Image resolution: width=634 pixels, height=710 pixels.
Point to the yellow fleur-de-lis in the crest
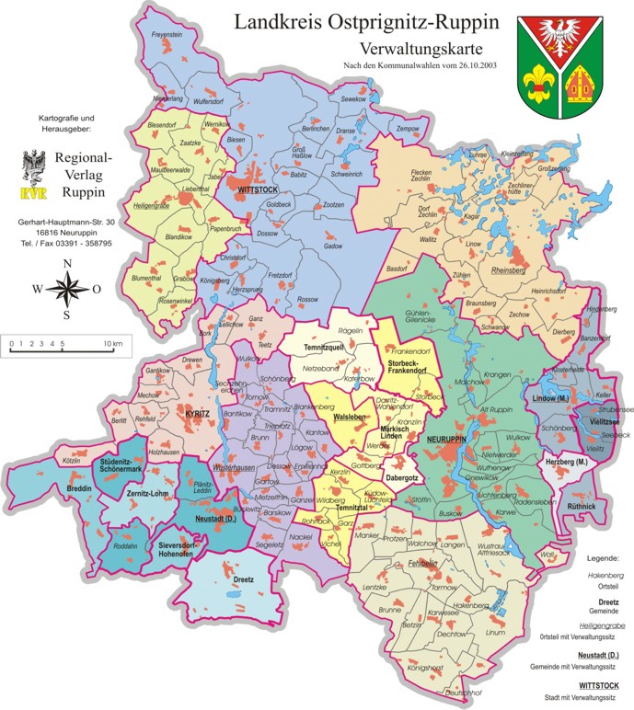point(538,87)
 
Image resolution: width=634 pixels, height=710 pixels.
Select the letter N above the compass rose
point(66,264)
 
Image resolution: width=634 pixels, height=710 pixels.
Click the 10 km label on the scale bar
point(112,342)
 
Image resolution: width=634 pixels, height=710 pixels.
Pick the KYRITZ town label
point(197,415)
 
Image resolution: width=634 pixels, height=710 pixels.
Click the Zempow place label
point(407,130)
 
